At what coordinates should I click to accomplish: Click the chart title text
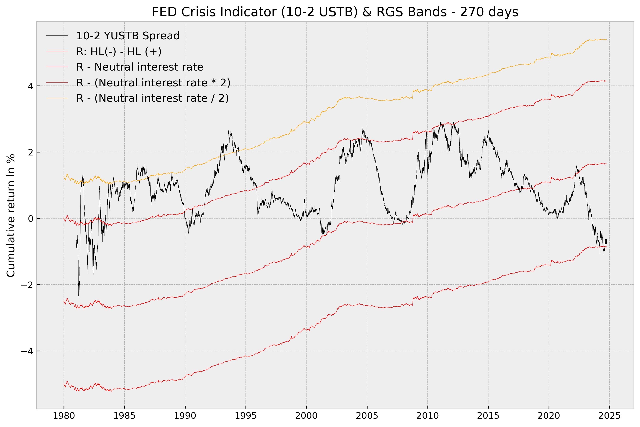tap(335, 12)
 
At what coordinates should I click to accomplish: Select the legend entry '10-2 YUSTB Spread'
tap(128, 36)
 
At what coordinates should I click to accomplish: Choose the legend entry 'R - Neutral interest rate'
tap(140, 67)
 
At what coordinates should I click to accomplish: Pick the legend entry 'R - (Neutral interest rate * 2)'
tap(153, 83)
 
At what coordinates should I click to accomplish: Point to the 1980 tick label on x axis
tap(64, 416)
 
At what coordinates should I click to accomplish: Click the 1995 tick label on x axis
tap(246, 416)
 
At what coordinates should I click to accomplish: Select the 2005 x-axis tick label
tap(367, 416)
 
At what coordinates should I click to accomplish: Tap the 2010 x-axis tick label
tap(427, 416)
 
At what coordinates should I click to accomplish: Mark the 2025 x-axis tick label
tap(609, 416)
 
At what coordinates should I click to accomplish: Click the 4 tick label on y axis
tap(31, 86)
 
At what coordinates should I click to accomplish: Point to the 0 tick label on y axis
tap(31, 218)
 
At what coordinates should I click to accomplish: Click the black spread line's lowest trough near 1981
tap(79, 298)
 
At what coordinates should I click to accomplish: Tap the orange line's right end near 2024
tap(606, 40)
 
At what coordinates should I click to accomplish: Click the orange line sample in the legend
tap(57, 98)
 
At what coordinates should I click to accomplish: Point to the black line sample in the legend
tap(57, 36)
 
